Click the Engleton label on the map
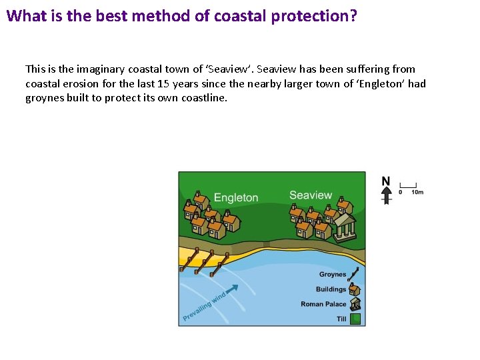pos(235,198)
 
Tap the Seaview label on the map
pos(310,195)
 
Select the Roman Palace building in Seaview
pos(345,225)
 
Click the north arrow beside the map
pos(386,195)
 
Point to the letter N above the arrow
pos(386,181)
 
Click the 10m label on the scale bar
pos(417,193)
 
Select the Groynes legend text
pos(333,275)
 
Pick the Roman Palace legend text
pos(323,304)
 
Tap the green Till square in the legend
pos(355,319)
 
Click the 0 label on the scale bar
pos(400,193)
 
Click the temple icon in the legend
pos(355,304)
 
